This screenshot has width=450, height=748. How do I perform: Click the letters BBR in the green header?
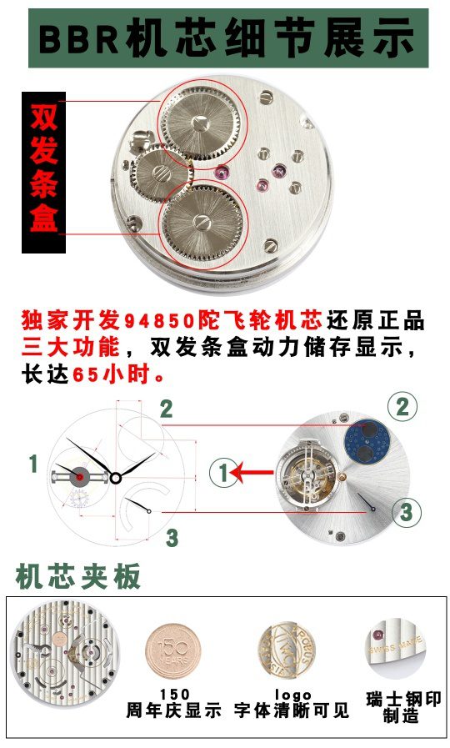(x=79, y=38)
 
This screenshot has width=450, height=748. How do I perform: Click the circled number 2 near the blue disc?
(x=402, y=408)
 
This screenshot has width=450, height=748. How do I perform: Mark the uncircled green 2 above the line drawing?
(x=167, y=409)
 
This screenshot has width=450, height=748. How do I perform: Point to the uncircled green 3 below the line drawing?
(x=172, y=538)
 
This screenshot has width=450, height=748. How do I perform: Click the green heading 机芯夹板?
(x=78, y=577)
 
